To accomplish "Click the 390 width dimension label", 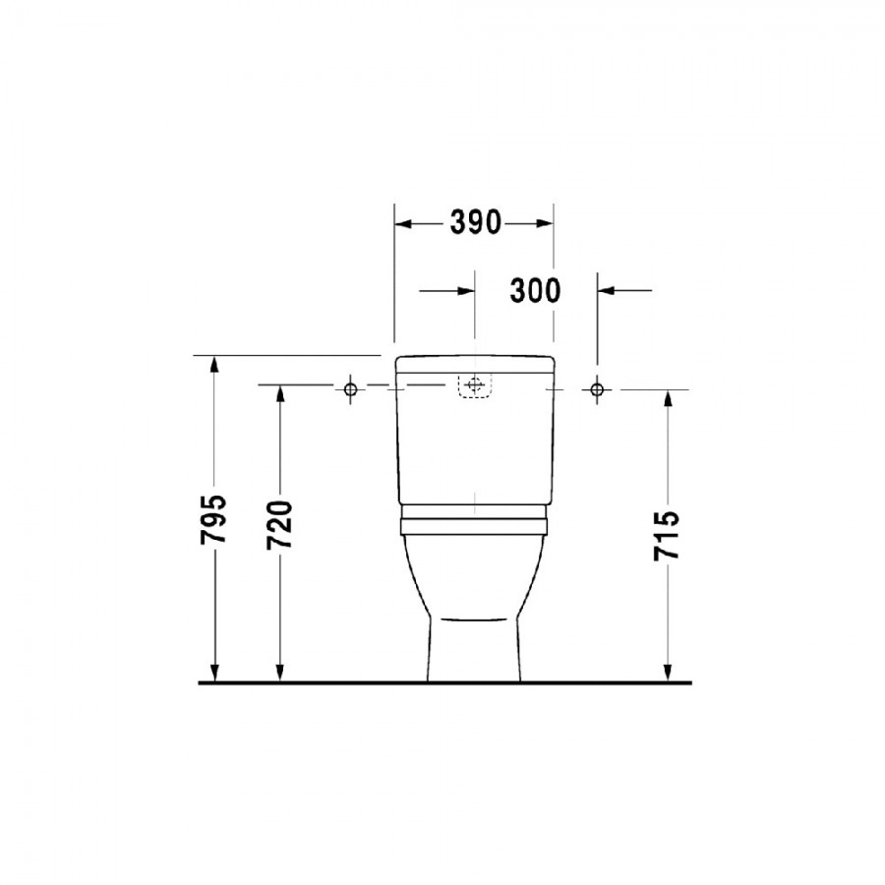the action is pos(475,222).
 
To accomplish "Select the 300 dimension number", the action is pos(535,291).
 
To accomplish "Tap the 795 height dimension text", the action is pos(213,519).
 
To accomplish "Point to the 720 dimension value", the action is pos(280,525).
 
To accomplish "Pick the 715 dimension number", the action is pos(667,535).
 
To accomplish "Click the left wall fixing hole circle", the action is pos(350,388).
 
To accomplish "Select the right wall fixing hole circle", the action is pos(597,388).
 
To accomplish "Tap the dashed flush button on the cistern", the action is pos(475,386).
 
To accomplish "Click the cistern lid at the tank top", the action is pos(475,364).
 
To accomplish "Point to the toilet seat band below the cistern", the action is pos(474,527).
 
